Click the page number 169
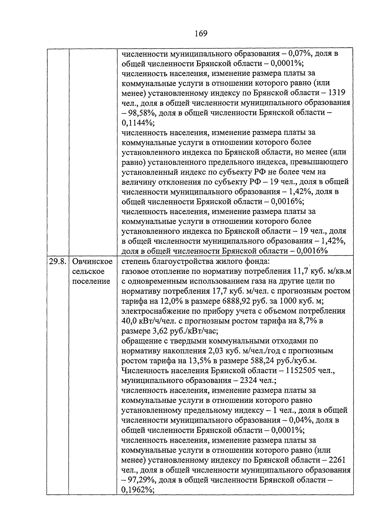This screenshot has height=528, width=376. pyautogui.click(x=201, y=33)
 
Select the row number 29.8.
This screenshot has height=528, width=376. pyautogui.click(x=58, y=261)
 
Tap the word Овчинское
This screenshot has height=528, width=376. pyautogui.click(x=92, y=261)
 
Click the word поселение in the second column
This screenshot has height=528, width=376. pyautogui.click(x=91, y=281)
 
